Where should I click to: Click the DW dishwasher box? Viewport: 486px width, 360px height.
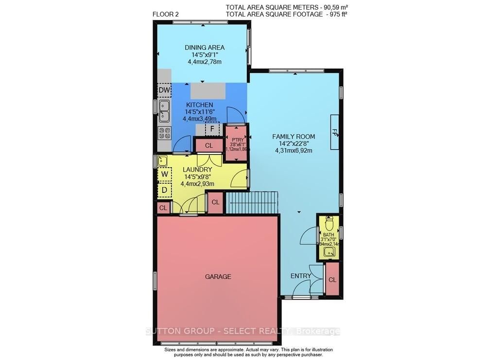[164, 90]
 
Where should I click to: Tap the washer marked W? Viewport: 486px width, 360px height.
[164, 174]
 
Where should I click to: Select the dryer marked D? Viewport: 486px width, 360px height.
[164, 190]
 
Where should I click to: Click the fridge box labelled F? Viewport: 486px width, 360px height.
[212, 129]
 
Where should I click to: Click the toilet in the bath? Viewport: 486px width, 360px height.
[329, 224]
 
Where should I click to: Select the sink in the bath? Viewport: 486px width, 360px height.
[329, 252]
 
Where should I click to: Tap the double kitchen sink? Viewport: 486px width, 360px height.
[164, 111]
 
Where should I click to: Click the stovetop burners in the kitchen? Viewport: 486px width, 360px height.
[164, 133]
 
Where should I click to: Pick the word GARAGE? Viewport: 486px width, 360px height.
[218, 276]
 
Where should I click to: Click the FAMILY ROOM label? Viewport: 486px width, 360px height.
[293, 137]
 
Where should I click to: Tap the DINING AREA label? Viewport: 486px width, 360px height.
[204, 47]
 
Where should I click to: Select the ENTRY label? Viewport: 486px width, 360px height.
[300, 276]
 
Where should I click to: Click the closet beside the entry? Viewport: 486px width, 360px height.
[332, 279]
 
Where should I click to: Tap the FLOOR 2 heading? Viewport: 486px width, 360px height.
[166, 14]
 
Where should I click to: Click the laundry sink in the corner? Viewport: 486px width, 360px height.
[162, 160]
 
